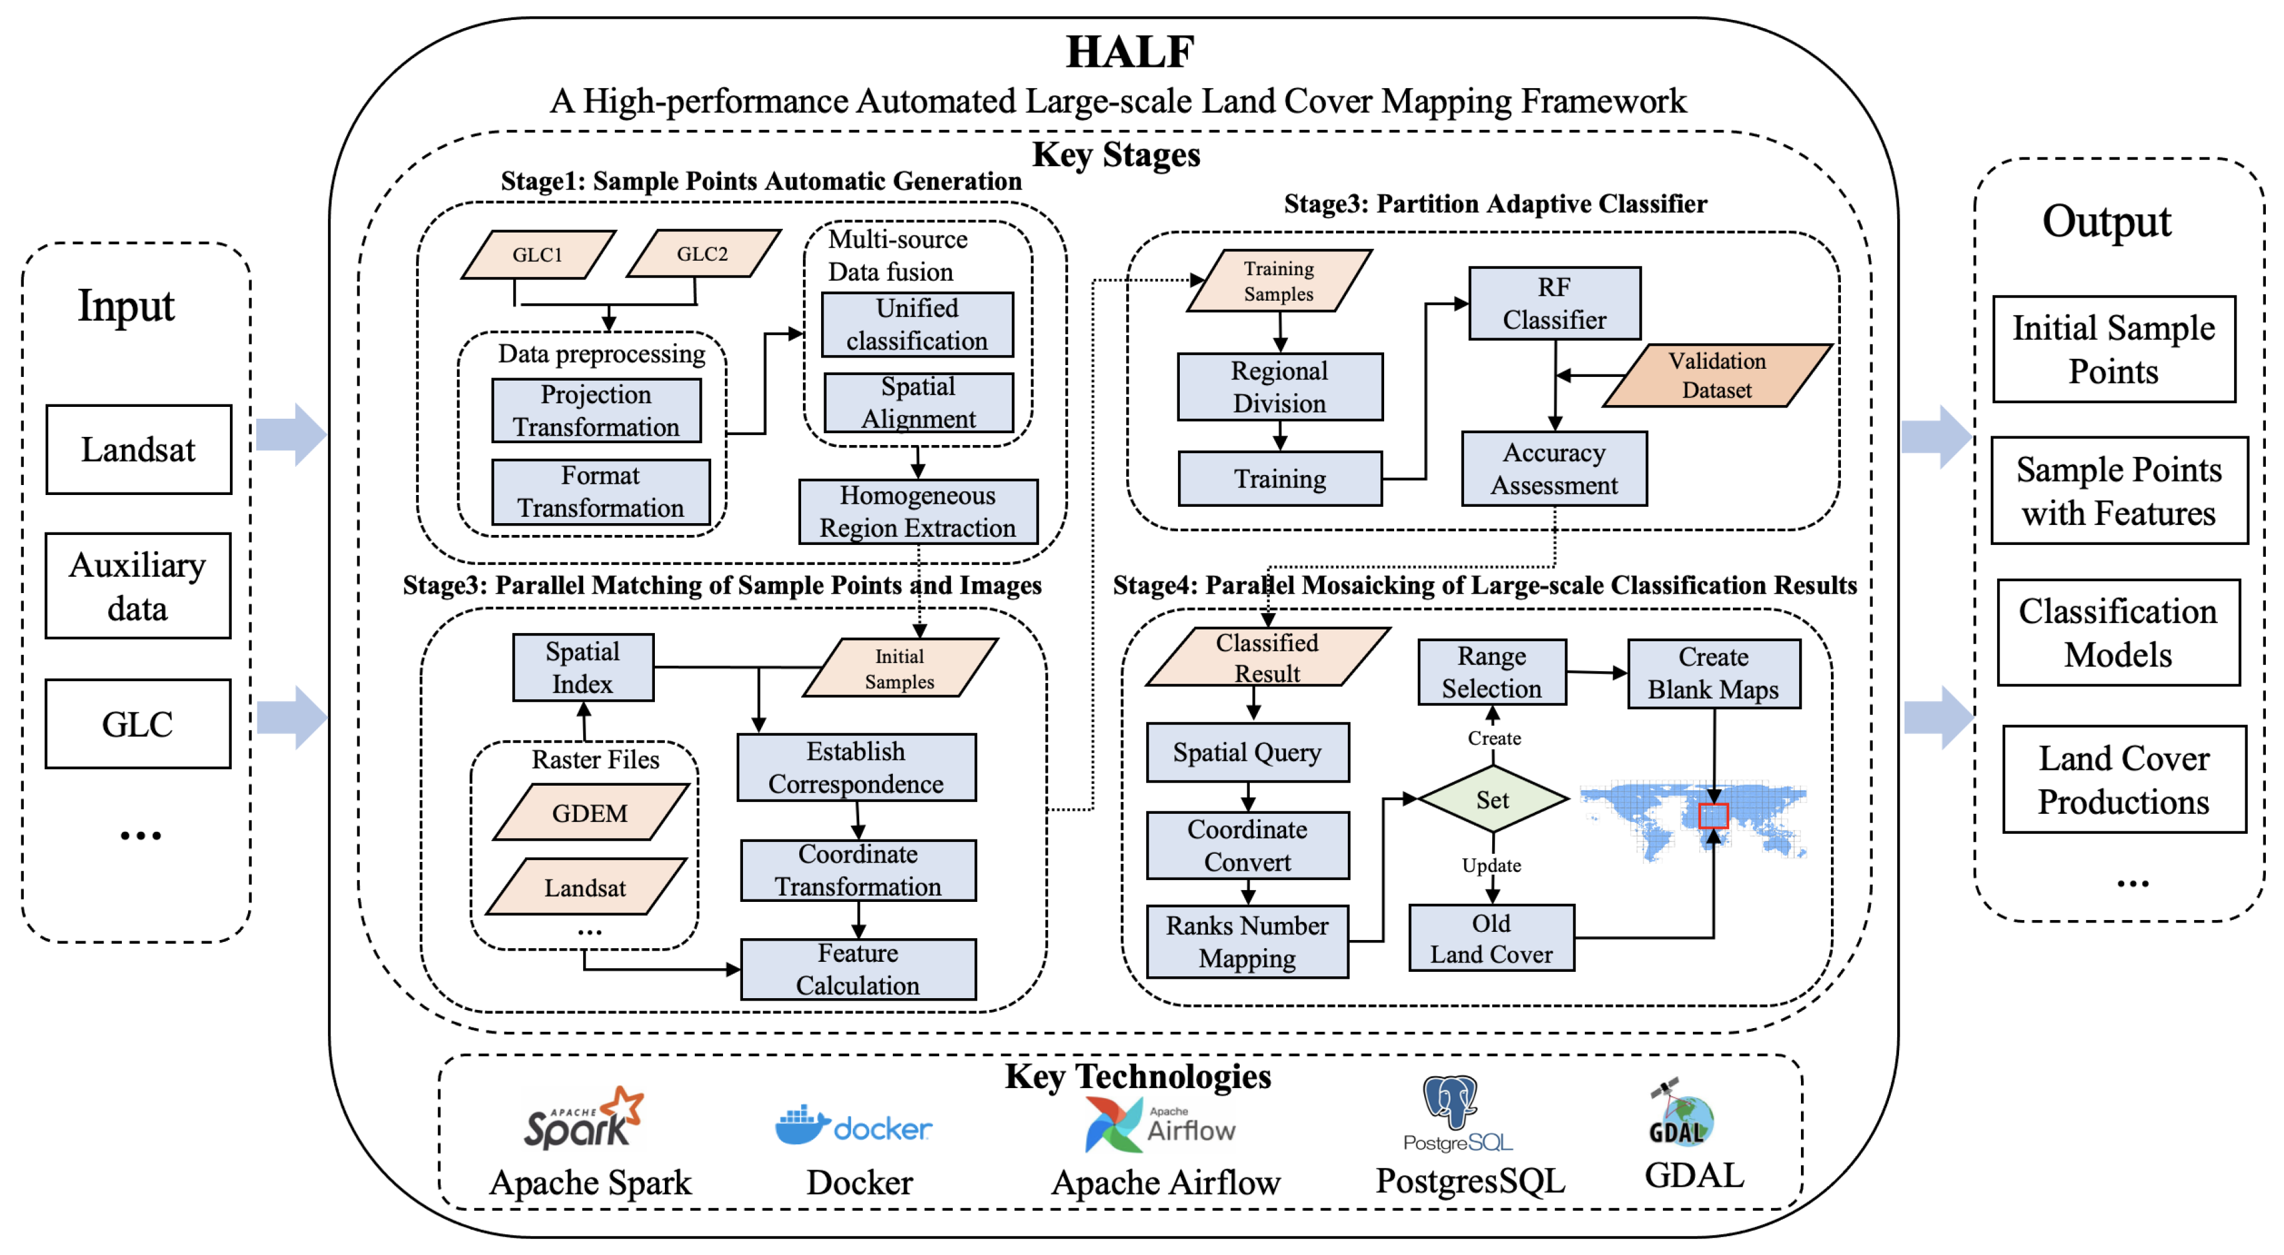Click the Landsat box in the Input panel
pyautogui.click(x=138, y=449)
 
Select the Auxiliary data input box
pyautogui.click(x=138, y=586)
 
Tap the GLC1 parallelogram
pyautogui.click(x=537, y=254)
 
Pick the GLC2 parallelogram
pyautogui.click(x=702, y=254)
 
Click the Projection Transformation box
pyautogui.click(x=596, y=411)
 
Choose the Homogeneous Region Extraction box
pyautogui.click(x=918, y=512)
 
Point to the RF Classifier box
pyautogui.click(x=1554, y=303)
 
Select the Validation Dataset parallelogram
pyautogui.click(x=1717, y=375)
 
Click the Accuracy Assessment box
pyautogui.click(x=1554, y=469)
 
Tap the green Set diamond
pyautogui.click(x=1493, y=800)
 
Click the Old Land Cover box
pyautogui.click(x=1492, y=938)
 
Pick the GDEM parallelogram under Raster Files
pyautogui.click(x=590, y=812)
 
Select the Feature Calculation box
pyautogui.click(x=857, y=969)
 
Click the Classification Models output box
pyautogui.click(x=2118, y=633)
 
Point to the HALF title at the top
pyautogui.click(x=1130, y=51)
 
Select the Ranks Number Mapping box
pyautogui.click(x=1247, y=942)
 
